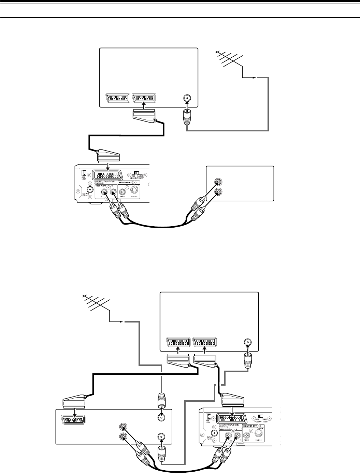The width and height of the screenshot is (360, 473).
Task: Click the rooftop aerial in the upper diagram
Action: coord(229,60)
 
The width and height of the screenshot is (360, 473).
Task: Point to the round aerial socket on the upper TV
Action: coord(187,98)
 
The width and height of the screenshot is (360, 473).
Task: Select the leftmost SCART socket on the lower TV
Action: coord(178,343)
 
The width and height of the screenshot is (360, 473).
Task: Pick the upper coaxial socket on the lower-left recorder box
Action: coord(160,417)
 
